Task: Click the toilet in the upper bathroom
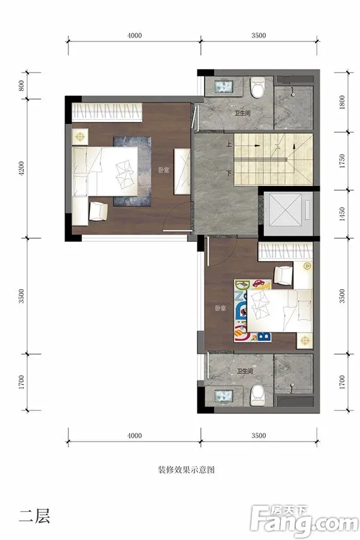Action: coord(258,87)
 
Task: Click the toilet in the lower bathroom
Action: coord(257,395)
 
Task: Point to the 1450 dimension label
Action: coord(342,214)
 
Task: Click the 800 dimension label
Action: coord(22,86)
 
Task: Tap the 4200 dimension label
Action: coord(22,169)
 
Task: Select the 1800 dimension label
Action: coord(342,102)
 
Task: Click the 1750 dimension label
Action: coord(342,161)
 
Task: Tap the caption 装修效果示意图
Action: coord(186,470)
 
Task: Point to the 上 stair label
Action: coord(229,145)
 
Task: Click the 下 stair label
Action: coord(229,173)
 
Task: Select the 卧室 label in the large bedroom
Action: coord(164,170)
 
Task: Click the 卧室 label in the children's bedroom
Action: coord(220,308)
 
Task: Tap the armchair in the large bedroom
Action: coord(98,211)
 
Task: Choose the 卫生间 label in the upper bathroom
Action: coord(242,113)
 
